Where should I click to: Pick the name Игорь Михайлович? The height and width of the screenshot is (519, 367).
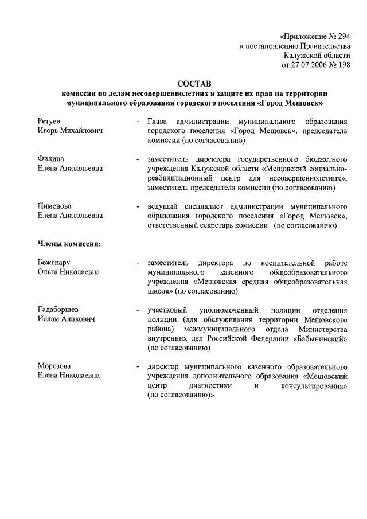coord(70,131)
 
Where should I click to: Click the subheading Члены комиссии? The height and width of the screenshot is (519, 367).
coord(69,244)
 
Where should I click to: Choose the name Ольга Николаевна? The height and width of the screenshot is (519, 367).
coord(69,272)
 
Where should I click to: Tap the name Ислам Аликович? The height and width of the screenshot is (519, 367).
coord(65,319)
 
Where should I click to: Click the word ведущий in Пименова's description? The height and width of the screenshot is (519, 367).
coord(162,206)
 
